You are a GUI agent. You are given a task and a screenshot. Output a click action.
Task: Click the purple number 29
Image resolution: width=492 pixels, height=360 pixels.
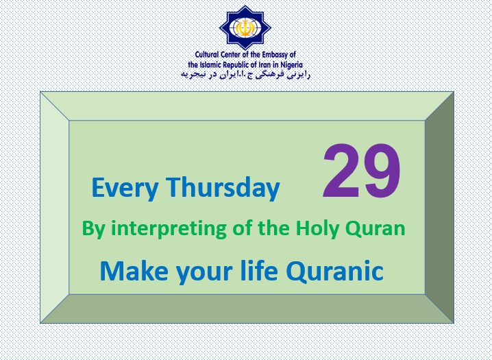(362, 171)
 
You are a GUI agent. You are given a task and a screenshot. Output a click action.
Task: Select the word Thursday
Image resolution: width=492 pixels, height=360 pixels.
(223, 187)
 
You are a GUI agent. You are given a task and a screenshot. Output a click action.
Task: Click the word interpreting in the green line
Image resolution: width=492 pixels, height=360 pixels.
(169, 229)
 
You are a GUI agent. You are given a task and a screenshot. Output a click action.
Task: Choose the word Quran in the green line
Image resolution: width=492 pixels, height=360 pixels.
(376, 229)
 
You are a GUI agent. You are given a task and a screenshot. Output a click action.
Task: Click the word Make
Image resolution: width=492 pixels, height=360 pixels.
(134, 271)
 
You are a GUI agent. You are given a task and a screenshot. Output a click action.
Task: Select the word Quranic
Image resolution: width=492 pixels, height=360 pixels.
(334, 271)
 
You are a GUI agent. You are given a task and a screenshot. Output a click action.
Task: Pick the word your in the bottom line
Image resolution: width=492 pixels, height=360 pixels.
(204, 273)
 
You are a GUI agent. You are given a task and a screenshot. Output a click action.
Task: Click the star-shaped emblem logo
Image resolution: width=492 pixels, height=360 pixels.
(245, 27)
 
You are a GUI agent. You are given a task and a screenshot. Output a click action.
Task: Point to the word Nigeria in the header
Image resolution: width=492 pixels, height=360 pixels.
(291, 65)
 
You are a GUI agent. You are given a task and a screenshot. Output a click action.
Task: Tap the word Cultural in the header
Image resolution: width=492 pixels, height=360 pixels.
(207, 55)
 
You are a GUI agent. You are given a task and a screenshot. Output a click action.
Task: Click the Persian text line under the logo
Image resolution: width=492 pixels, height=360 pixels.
(245, 75)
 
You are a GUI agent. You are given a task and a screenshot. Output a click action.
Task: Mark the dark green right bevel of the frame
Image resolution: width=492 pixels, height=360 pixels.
(439, 207)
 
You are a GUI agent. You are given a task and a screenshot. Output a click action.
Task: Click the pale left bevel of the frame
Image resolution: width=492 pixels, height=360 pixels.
(55, 207)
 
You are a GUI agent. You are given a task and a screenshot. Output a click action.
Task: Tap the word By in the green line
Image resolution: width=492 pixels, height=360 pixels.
(93, 229)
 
